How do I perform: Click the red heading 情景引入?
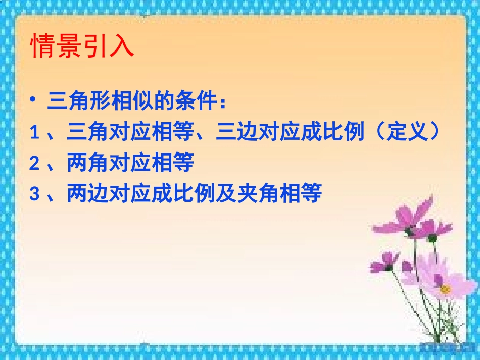point(82,46)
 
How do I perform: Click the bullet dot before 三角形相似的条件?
point(33,99)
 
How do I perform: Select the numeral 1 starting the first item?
point(34,133)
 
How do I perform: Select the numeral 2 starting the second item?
point(34,164)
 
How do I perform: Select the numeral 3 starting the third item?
point(34,194)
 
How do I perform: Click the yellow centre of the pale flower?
point(445,289)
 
